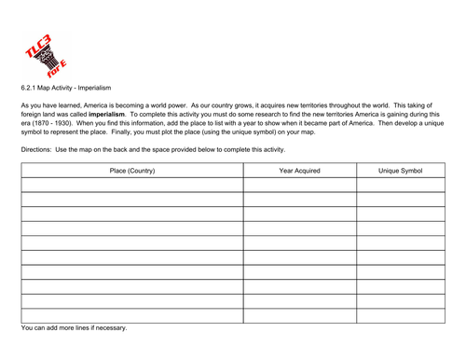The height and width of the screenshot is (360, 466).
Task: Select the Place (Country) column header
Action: coord(131,171)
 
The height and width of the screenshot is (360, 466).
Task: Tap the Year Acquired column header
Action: coord(300,171)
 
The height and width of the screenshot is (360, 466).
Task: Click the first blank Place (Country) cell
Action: coord(131,186)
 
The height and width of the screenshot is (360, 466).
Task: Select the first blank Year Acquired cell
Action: coord(300,186)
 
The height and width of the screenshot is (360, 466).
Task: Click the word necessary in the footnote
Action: coord(108,328)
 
